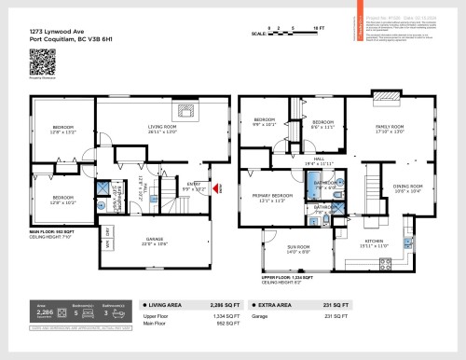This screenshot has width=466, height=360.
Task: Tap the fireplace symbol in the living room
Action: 185,109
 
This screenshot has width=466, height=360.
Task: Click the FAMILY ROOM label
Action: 389,128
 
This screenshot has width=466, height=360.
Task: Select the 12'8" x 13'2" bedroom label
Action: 63,130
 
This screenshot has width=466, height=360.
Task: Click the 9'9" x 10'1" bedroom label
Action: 265,122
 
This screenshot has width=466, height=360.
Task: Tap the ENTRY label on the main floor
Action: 194,185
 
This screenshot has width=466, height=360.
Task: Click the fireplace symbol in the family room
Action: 383,100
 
